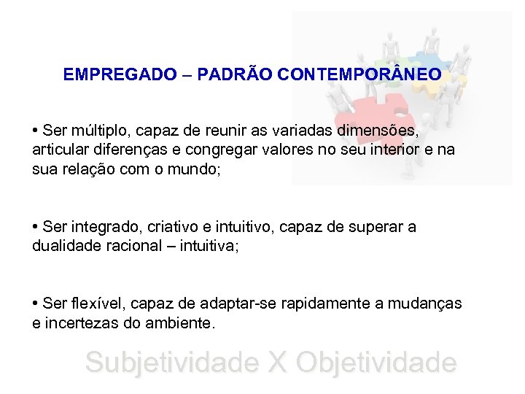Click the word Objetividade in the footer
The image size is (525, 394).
[x=377, y=363]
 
